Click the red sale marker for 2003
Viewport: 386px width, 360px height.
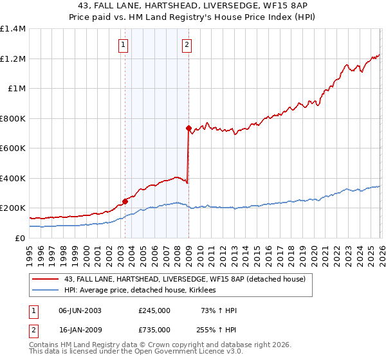pos(125,201)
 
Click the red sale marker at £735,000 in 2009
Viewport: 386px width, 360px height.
pos(188,129)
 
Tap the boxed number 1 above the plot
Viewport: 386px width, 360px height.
pos(122,45)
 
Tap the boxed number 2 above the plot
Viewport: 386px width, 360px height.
pos(187,45)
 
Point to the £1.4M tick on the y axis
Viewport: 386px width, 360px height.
pos(13,29)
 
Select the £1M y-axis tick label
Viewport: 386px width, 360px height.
pos(16,89)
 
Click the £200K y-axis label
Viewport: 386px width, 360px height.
pos(13,208)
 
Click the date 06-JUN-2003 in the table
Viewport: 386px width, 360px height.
pos(80,310)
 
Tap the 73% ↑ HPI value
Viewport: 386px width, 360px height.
pos(219,310)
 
